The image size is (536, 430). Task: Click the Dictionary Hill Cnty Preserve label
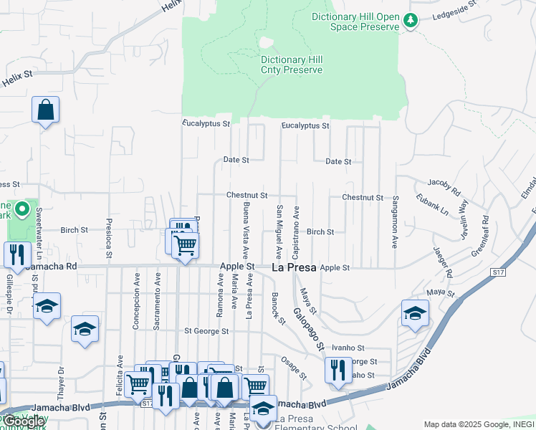point(292,65)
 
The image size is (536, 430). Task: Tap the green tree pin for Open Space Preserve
point(411,21)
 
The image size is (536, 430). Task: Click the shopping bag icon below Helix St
point(45,110)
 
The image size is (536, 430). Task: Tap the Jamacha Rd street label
point(51,267)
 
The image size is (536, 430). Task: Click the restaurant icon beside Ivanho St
point(338,370)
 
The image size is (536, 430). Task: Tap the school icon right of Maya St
point(414,314)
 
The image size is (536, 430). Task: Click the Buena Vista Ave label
point(247,230)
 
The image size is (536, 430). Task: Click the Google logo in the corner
point(24,421)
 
